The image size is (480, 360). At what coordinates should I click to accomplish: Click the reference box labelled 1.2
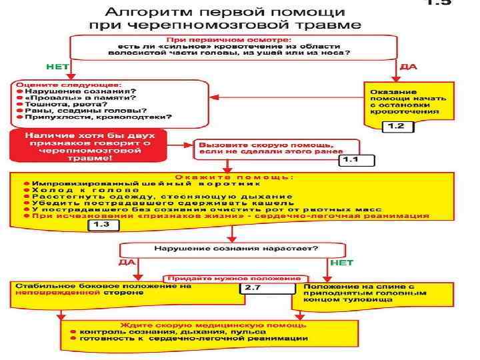point(396,126)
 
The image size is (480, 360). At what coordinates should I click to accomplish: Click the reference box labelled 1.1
point(357,160)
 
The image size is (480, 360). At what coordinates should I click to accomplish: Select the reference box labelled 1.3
point(105,225)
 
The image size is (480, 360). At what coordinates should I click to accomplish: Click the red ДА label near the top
point(408,67)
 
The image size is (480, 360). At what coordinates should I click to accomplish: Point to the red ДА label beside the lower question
point(127,263)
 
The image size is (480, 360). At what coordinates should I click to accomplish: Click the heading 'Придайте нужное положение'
point(237,277)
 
